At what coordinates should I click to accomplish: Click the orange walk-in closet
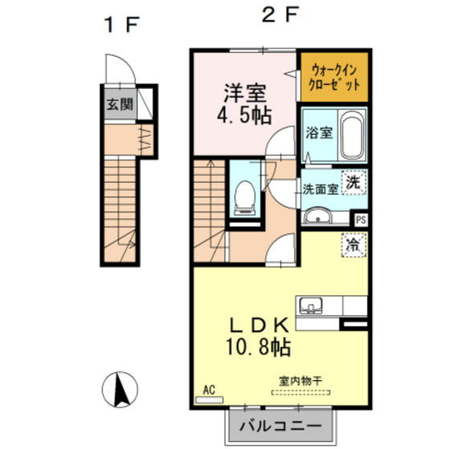[x=334, y=76]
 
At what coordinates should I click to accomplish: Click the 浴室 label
[x=318, y=133]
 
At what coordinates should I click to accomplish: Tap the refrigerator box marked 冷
[x=353, y=244]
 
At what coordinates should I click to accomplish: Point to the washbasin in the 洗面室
[x=318, y=216]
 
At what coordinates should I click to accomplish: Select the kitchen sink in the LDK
[x=310, y=305]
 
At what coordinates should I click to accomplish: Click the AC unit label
[x=208, y=390]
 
